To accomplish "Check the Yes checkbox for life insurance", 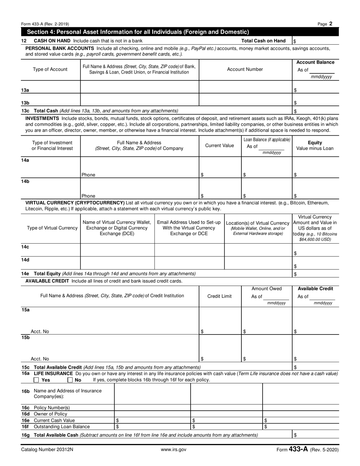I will (36, 380).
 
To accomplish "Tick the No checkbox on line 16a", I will (70, 380).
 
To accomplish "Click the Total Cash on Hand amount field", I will (315, 41).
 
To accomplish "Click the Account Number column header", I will (245, 69).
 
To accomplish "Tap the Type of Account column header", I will (50, 69).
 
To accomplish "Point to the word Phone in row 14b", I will (88, 196).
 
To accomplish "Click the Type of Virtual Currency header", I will (52, 228).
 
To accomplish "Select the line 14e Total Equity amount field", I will (315, 274).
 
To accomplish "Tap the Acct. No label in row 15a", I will (40, 332).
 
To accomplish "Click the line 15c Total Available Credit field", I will (315, 367).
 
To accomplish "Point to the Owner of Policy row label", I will (50, 414).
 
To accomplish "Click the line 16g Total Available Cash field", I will (315, 435).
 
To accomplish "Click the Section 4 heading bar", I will (180, 32).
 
